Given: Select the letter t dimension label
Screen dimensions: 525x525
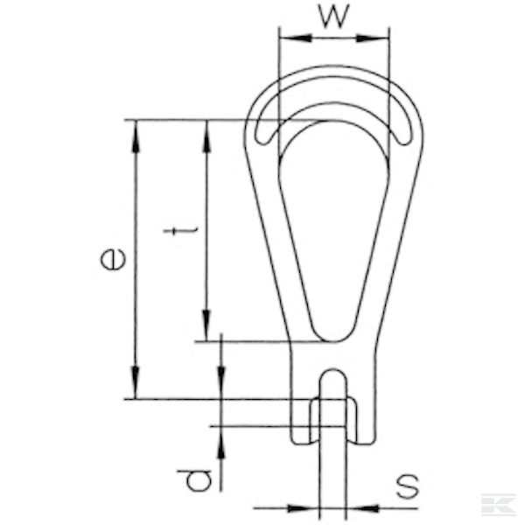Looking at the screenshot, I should (x=178, y=231).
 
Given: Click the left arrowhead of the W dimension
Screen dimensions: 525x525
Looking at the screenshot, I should (x=287, y=38).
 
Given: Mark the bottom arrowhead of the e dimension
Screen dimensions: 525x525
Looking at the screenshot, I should (x=136, y=390).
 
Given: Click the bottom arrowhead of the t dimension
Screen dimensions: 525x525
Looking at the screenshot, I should (x=207, y=332).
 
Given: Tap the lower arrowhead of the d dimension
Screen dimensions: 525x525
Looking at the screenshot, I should (x=222, y=437).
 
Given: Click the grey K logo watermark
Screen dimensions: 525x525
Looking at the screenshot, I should (x=499, y=506).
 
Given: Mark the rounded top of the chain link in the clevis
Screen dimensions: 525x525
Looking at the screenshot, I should (x=332, y=379).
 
